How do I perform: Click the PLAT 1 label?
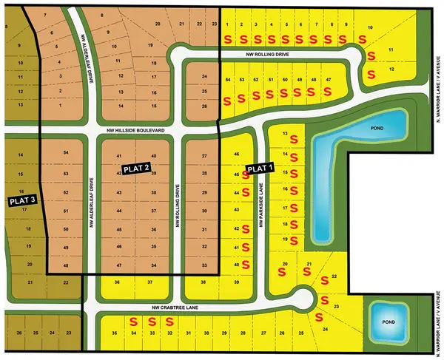(260, 169)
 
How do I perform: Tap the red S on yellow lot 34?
(134, 322)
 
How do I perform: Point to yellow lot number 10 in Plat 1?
(370, 27)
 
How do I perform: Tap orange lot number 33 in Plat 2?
(204, 265)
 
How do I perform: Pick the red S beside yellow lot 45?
(248, 176)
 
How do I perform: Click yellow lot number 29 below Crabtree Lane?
(223, 334)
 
